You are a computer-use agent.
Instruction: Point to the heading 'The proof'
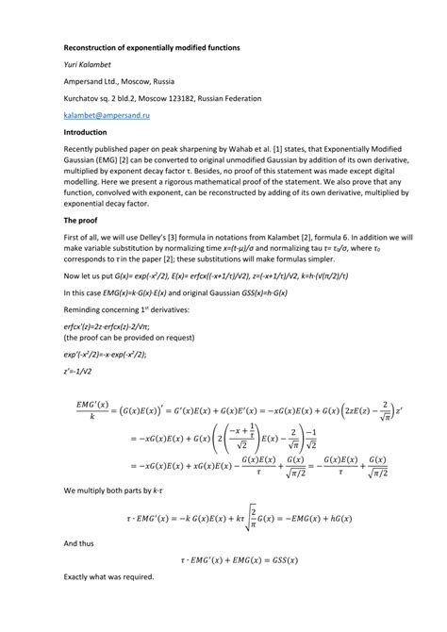[85, 219]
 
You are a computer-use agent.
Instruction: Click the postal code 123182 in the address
[185, 98]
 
